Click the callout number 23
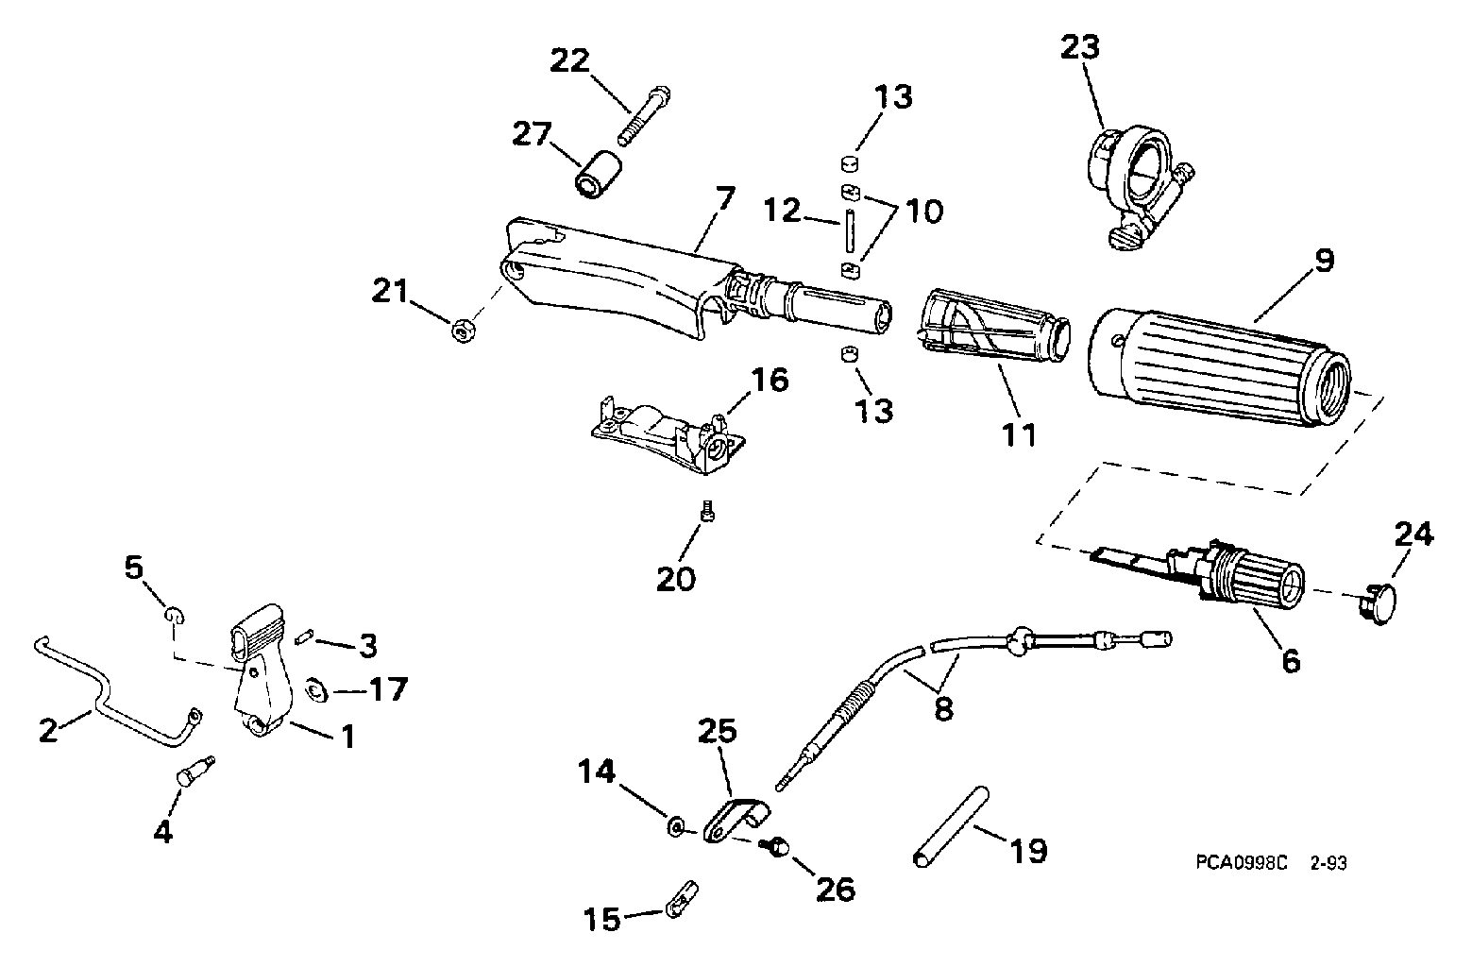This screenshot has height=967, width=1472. [x=1079, y=48]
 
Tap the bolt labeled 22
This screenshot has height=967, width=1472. [x=644, y=116]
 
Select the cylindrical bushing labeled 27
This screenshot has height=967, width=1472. [x=599, y=174]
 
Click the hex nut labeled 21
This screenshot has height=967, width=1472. [x=464, y=330]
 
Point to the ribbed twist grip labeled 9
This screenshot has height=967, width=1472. [x=1219, y=366]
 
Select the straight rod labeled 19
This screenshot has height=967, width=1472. [x=952, y=826]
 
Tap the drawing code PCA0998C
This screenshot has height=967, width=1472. [x=1241, y=862]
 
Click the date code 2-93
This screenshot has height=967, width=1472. [x=1328, y=862]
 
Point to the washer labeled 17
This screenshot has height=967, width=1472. [x=316, y=690]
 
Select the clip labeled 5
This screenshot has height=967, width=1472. [x=174, y=616]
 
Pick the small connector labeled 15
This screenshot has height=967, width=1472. [x=682, y=899]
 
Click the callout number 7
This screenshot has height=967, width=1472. [x=725, y=198]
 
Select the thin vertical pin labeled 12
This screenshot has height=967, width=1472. [x=849, y=229]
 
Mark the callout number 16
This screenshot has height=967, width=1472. [x=770, y=380]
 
